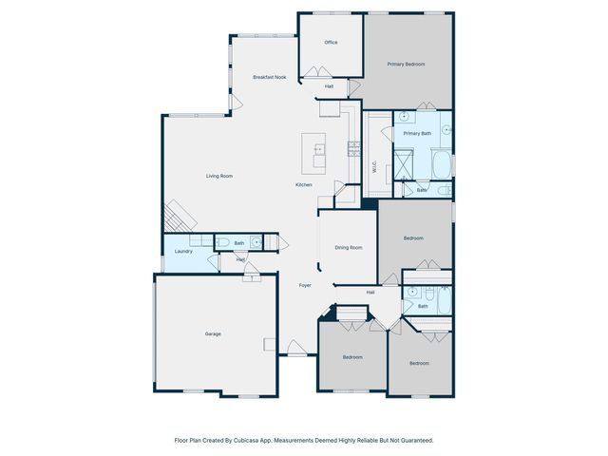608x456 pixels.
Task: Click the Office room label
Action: (x=331, y=43)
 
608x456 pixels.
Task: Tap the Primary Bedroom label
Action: (x=406, y=65)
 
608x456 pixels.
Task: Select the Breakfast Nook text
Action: (x=269, y=77)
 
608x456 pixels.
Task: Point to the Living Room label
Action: (x=219, y=176)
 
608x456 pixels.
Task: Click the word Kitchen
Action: (x=304, y=184)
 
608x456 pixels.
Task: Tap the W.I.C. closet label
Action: (x=374, y=166)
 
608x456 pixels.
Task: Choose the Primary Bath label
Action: (x=417, y=134)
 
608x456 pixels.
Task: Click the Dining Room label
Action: (x=349, y=248)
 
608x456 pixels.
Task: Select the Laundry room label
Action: (x=184, y=252)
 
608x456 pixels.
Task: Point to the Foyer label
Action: (x=305, y=285)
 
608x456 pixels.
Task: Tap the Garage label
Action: (x=213, y=334)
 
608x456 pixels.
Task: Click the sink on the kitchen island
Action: (x=318, y=148)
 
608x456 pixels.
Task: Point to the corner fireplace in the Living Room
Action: (x=176, y=217)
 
